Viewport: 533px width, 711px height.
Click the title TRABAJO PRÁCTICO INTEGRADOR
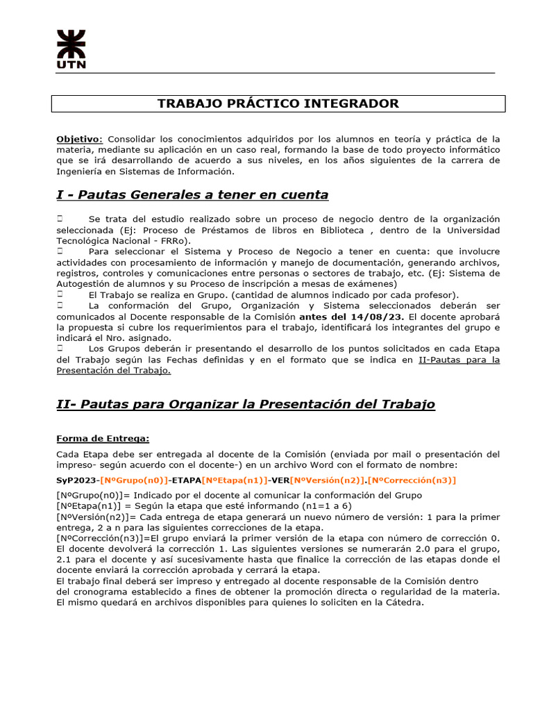(278, 103)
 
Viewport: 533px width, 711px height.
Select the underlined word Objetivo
(78, 139)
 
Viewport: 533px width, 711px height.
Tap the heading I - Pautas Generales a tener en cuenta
(192, 194)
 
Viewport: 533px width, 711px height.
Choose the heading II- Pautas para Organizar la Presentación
(246, 404)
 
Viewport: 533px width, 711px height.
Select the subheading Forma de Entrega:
(103, 438)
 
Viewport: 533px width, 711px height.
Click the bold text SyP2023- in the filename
(78, 480)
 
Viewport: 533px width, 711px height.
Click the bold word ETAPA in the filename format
(187, 480)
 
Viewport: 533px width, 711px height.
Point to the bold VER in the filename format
(280, 480)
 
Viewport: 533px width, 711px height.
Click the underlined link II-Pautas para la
(459, 360)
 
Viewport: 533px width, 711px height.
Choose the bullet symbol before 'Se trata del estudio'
(60, 219)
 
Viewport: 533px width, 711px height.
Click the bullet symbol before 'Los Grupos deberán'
(60, 349)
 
